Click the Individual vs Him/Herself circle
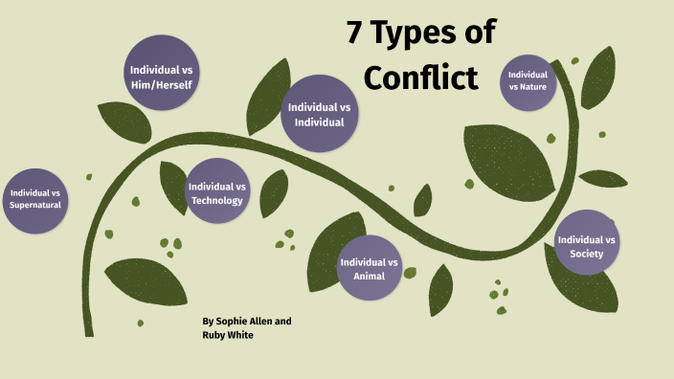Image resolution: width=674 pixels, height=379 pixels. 162,76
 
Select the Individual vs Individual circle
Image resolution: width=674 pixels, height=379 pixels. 320,113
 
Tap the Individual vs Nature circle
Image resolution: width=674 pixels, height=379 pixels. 528,80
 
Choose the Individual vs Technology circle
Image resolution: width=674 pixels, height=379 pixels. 217,192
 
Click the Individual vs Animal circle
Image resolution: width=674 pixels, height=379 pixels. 370,268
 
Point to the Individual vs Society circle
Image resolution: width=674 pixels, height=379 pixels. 586,246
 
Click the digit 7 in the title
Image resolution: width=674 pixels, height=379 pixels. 357,33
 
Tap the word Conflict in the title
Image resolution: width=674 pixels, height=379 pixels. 420,78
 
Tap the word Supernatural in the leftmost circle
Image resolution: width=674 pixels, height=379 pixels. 35,206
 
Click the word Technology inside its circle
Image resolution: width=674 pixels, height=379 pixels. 217,200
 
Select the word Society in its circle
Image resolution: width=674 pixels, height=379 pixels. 586,254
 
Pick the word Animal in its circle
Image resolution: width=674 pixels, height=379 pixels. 370,276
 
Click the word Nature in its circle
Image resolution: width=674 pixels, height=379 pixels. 528,87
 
